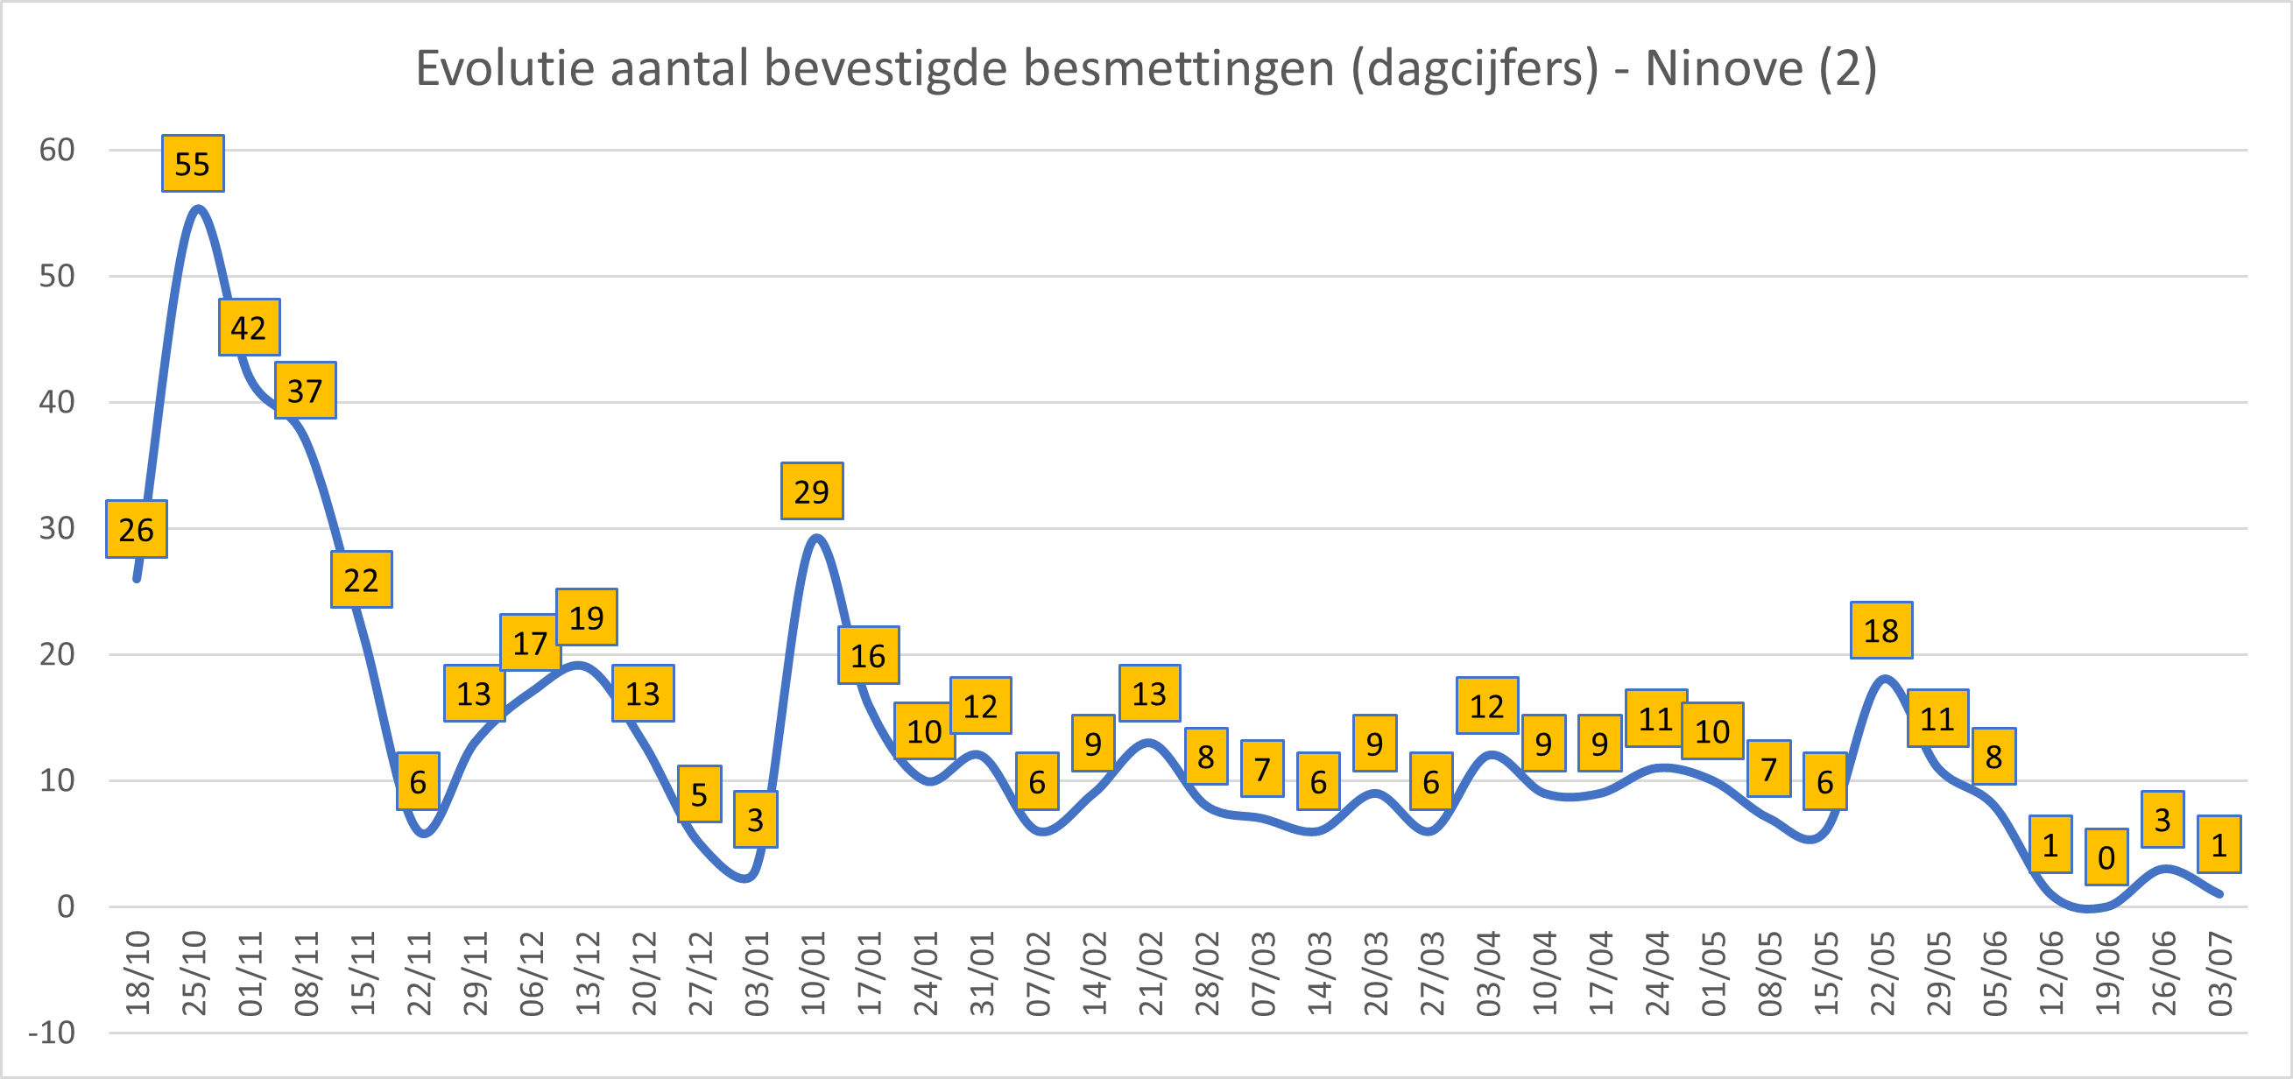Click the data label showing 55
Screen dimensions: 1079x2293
193,164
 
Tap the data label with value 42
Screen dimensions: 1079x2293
250,328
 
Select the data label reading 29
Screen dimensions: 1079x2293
812,491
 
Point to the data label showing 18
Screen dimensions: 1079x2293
1880,631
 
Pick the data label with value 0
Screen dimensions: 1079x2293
2106,857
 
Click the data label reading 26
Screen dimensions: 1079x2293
136,530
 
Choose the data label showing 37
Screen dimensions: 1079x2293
306,391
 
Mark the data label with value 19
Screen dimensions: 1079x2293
587,617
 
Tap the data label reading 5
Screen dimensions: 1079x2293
699,794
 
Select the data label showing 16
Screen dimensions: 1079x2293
868,655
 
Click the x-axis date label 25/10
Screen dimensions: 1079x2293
194,973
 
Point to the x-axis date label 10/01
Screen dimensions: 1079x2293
814,973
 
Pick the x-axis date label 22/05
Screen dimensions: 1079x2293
1882,973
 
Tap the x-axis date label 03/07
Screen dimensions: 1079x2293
2220,973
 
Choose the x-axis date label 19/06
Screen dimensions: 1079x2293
2108,973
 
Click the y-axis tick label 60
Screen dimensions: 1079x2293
57,150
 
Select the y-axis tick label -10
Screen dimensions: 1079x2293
52,1033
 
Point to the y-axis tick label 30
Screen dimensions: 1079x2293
57,528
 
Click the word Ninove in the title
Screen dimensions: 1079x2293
1724,67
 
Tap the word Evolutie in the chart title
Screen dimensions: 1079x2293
505,67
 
